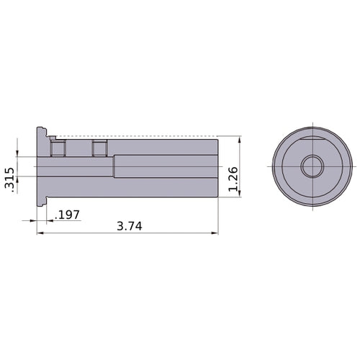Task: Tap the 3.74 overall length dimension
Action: point(129,225)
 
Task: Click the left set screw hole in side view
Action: point(57,148)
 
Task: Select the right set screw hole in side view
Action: point(99,148)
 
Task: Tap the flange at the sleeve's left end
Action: point(40,167)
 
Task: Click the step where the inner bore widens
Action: point(114,166)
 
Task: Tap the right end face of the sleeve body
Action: point(218,166)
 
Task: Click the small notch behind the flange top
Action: point(52,135)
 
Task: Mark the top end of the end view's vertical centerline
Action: point(312,122)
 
